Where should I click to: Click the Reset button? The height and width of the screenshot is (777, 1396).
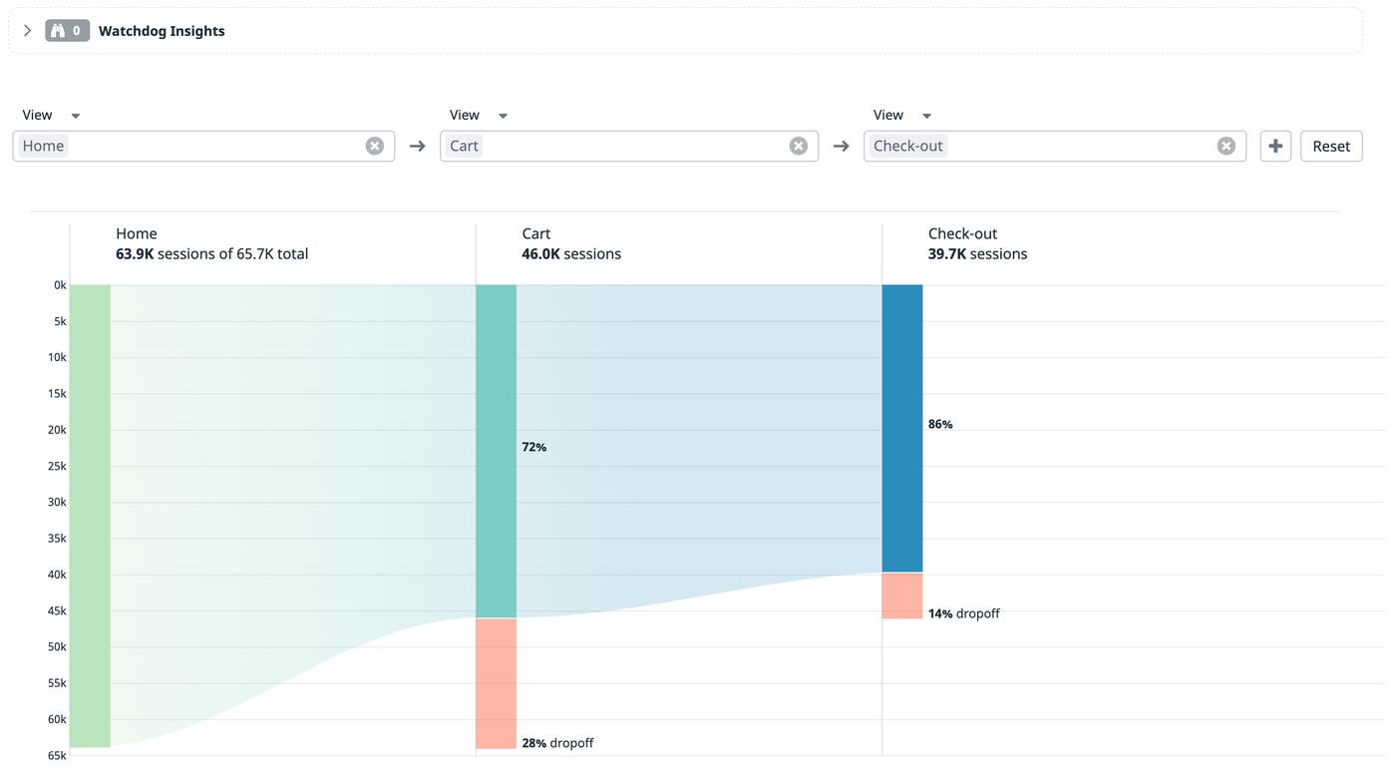click(1330, 146)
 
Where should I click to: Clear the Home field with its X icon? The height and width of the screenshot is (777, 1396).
click(374, 146)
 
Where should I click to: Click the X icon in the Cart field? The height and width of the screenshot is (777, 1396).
click(798, 146)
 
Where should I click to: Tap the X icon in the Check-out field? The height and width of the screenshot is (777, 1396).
click(1225, 146)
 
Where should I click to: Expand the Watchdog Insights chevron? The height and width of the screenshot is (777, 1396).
click(27, 31)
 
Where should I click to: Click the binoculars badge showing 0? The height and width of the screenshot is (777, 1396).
click(67, 31)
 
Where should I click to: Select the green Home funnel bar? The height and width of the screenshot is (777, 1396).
click(90, 516)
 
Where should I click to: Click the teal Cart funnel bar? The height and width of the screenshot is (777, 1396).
click(496, 451)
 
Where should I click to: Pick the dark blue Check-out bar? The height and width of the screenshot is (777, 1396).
click(901, 428)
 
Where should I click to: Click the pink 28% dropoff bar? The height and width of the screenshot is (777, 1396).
click(496, 683)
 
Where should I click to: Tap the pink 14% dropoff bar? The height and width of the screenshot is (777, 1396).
click(901, 595)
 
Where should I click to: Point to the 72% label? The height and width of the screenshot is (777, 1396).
click(534, 447)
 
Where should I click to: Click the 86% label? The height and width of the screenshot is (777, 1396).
click(940, 424)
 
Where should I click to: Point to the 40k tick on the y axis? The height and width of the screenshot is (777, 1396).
click(57, 575)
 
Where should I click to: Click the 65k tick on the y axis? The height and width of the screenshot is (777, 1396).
click(57, 755)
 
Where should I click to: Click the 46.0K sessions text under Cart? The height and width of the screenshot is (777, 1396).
click(570, 254)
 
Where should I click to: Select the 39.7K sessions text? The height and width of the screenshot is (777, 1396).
click(977, 254)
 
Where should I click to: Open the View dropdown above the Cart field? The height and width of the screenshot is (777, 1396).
click(478, 115)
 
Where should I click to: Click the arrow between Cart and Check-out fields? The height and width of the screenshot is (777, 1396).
click(841, 146)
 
